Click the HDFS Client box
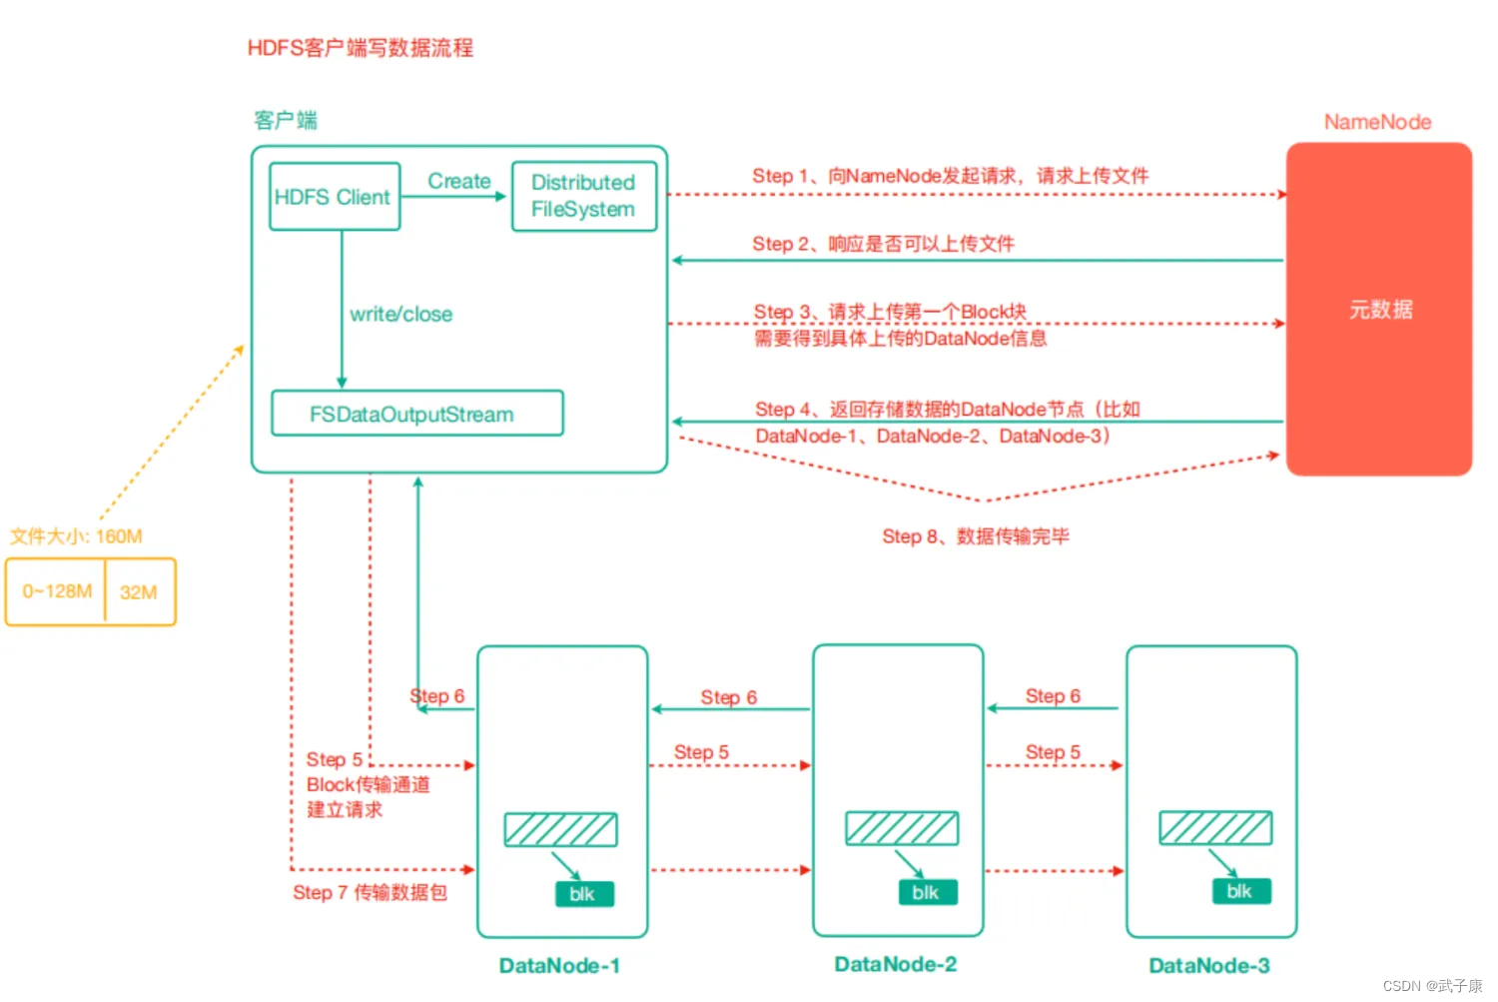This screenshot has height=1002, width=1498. (x=335, y=197)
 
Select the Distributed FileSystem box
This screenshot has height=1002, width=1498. (x=584, y=197)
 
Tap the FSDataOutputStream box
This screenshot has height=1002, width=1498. (x=417, y=414)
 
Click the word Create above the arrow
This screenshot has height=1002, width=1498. (x=459, y=181)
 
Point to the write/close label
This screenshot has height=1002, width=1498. (x=401, y=315)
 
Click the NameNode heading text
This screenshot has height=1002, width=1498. (x=1377, y=122)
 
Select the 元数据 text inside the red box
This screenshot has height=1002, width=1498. (x=1381, y=310)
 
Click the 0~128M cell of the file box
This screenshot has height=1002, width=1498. (x=56, y=591)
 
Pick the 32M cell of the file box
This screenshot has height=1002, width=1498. (x=139, y=592)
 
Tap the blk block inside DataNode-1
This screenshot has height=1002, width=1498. (x=584, y=894)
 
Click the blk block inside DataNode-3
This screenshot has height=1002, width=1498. (x=1241, y=891)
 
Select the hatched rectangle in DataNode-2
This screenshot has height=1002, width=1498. (x=902, y=828)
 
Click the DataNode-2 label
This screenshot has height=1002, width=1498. (x=896, y=964)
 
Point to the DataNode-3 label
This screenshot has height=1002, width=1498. (x=1209, y=965)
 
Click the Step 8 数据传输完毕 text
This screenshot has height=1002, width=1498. (x=976, y=535)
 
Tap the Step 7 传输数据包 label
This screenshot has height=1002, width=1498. (x=370, y=892)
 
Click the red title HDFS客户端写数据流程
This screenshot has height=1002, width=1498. (x=361, y=48)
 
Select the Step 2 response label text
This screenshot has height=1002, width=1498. (x=884, y=244)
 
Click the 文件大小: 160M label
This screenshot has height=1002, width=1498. (x=76, y=535)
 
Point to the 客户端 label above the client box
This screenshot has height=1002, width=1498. (x=286, y=121)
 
